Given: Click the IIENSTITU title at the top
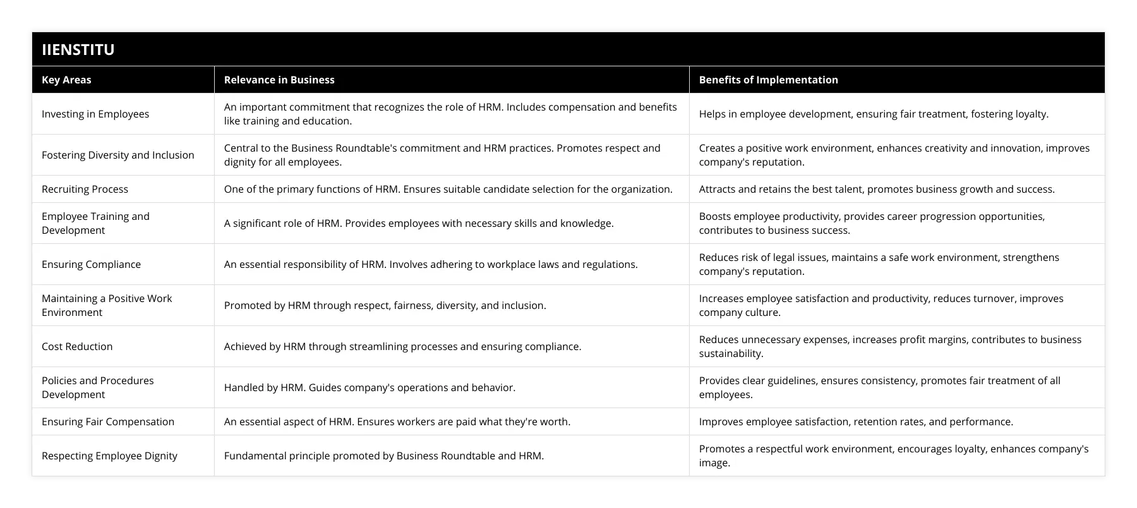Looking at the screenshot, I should pyautogui.click(x=78, y=49).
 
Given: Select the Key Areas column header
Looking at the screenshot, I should pyautogui.click(x=66, y=80).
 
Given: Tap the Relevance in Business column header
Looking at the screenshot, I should pyautogui.click(x=279, y=80).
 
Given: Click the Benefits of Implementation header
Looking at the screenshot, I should pyautogui.click(x=768, y=80).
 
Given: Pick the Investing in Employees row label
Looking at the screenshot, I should pyautogui.click(x=95, y=114).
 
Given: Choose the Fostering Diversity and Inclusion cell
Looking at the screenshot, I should pyautogui.click(x=118, y=155).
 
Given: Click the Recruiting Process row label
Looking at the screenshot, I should pyautogui.click(x=85, y=189).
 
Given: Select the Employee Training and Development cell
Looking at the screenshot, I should pyautogui.click(x=95, y=223).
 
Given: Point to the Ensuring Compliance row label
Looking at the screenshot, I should pyautogui.click(x=91, y=264).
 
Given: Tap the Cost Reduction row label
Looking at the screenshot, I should pyautogui.click(x=77, y=346).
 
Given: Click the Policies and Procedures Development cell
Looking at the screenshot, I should pyautogui.click(x=98, y=387).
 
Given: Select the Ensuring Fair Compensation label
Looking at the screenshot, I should pyautogui.click(x=108, y=421).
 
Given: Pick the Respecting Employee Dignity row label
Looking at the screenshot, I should pyautogui.click(x=109, y=456).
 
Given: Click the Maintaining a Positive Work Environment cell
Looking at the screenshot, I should pyautogui.click(x=107, y=305).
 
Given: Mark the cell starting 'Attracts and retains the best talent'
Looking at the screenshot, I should pyautogui.click(x=877, y=189).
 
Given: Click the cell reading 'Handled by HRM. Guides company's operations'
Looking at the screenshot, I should pyautogui.click(x=370, y=387).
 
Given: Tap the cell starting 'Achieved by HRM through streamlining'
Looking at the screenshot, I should pyautogui.click(x=402, y=346).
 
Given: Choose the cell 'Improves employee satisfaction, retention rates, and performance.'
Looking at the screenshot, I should pyautogui.click(x=856, y=421).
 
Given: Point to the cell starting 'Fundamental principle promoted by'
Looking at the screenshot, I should pyautogui.click(x=383, y=456).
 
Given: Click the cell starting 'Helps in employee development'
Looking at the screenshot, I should pyautogui.click(x=874, y=114).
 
